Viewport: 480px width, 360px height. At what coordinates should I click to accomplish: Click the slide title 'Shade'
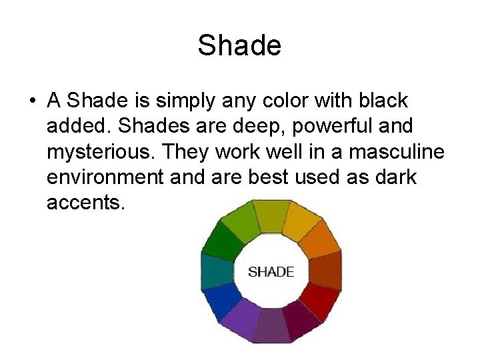pyautogui.click(x=239, y=45)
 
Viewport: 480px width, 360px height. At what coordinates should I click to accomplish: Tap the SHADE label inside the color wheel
pyautogui.click(x=271, y=272)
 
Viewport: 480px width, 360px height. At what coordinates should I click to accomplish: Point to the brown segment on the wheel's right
pyautogui.click(x=325, y=271)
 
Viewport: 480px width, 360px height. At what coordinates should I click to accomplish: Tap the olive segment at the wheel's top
pyautogui.click(x=271, y=215)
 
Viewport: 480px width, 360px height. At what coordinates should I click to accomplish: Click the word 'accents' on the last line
pyautogui.click(x=83, y=202)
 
